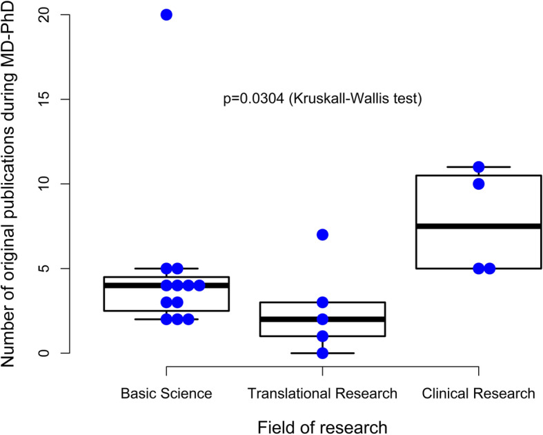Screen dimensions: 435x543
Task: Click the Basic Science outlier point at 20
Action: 166,14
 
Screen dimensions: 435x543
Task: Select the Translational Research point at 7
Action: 322,235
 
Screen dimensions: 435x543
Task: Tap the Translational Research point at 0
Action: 322,353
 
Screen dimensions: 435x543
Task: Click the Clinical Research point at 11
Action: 478,167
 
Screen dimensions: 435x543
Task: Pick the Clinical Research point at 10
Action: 478,184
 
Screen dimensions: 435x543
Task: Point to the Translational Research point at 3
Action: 322,302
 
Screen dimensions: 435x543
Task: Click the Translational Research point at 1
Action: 322,336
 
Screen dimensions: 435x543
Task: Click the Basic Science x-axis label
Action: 166,394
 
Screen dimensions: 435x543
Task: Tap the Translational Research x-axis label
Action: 322,394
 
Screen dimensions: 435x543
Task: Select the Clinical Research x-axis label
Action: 478,394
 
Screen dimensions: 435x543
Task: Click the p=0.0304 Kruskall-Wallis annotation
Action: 322,99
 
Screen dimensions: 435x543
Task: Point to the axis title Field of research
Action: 322,425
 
